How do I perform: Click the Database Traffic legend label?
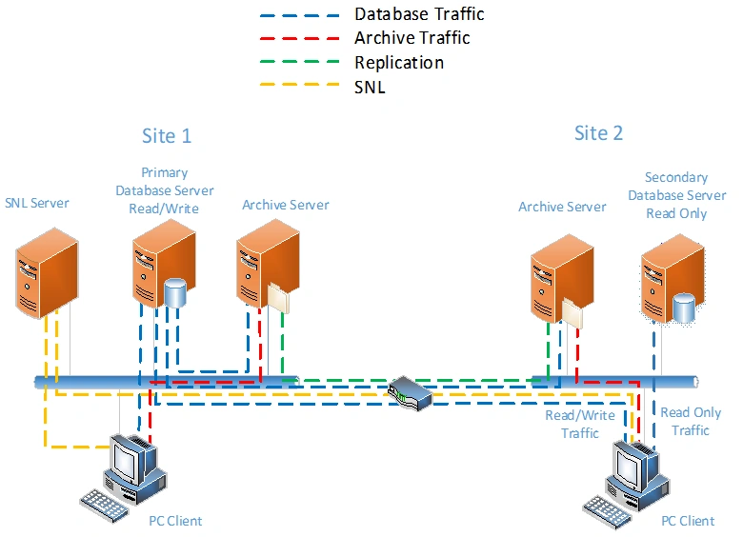(x=419, y=14)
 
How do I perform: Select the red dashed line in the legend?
(x=299, y=39)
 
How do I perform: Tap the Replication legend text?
(x=399, y=63)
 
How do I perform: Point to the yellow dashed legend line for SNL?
(x=299, y=88)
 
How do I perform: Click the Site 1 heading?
(x=167, y=135)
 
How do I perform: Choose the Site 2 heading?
(x=598, y=132)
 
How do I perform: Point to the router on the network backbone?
(x=411, y=391)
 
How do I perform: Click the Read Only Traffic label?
(x=691, y=421)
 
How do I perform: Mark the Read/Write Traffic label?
(x=572, y=425)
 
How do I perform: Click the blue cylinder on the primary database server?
(x=175, y=292)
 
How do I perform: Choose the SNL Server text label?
(x=37, y=203)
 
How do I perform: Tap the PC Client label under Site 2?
(x=688, y=521)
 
